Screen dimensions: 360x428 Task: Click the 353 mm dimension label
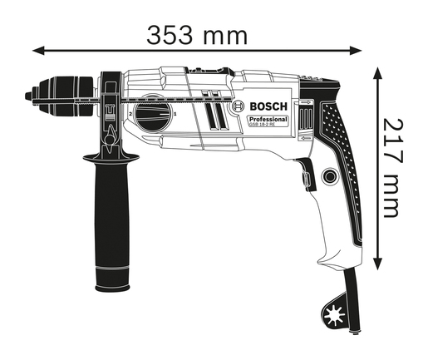click(197, 35)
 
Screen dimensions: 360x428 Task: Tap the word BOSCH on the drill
click(268, 106)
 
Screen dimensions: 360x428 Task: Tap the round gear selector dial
click(153, 116)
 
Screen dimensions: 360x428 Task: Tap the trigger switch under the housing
click(304, 176)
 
